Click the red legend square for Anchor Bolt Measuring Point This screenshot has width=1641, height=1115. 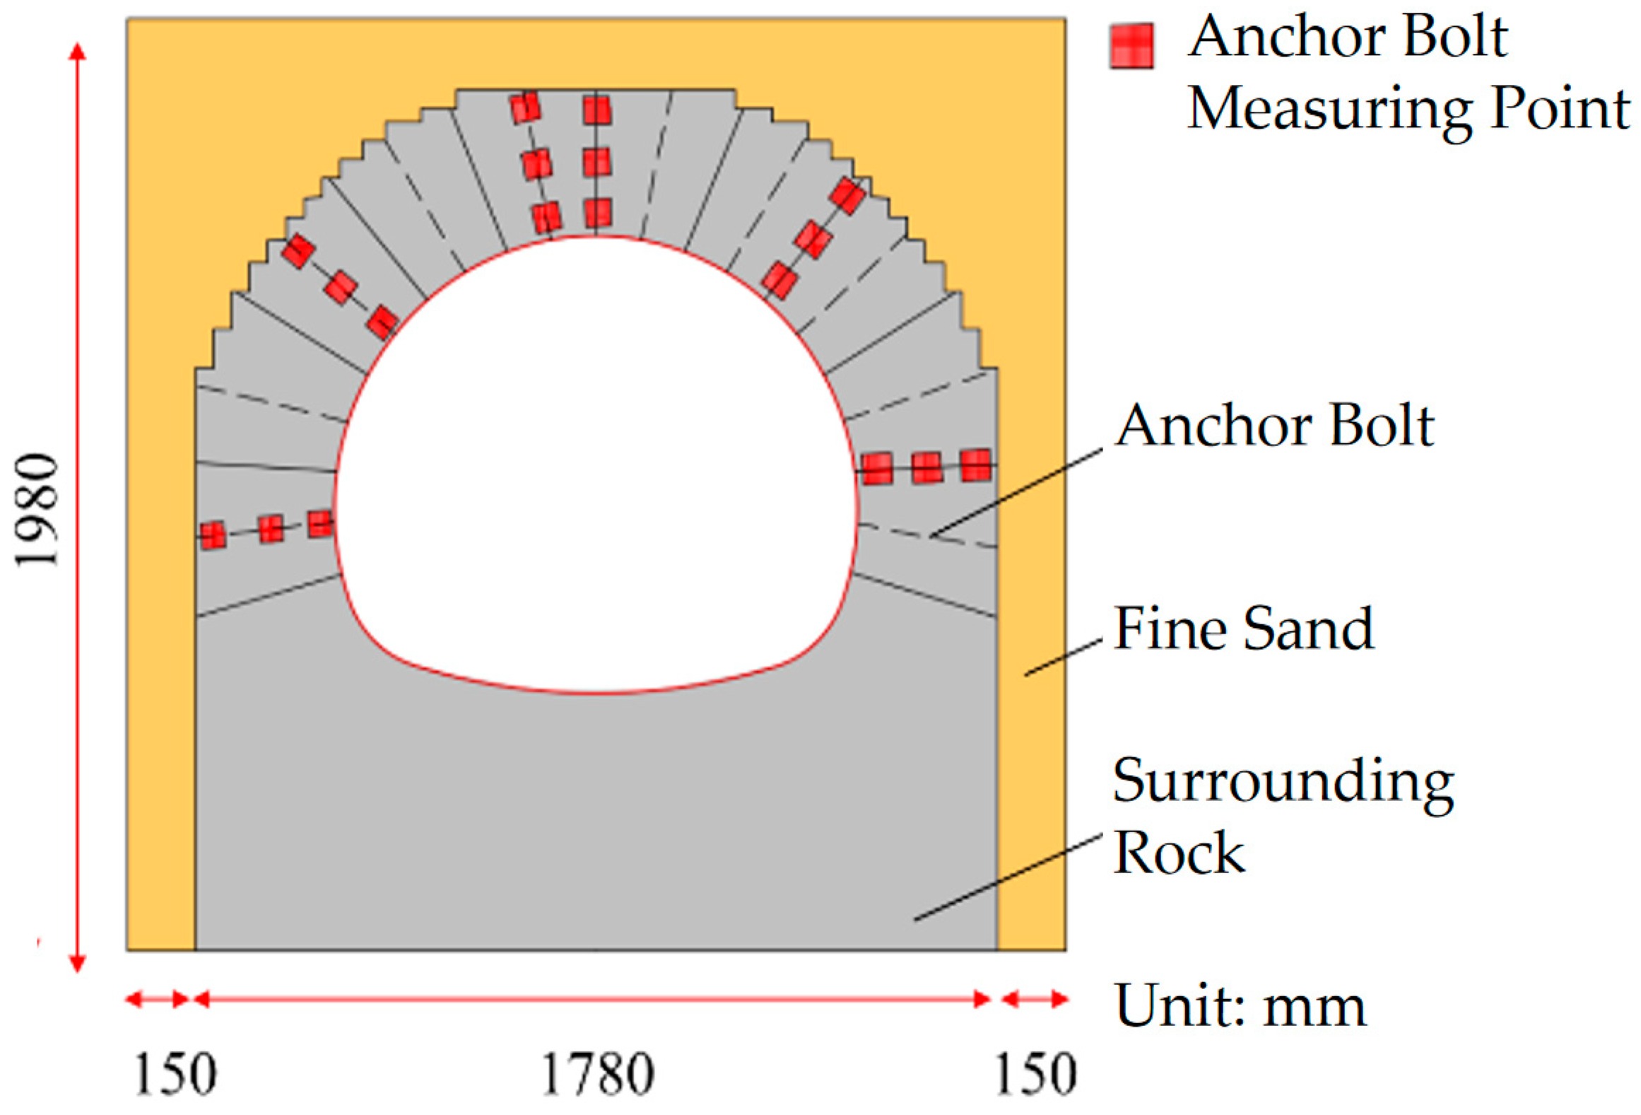(1131, 47)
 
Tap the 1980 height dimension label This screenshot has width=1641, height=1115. (37, 510)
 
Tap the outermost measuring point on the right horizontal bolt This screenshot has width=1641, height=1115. (976, 465)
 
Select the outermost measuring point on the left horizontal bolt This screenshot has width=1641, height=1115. (213, 535)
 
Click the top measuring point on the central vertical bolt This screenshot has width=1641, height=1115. (597, 111)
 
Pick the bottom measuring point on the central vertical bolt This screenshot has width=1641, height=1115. (598, 213)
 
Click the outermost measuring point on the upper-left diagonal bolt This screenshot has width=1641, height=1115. (298, 251)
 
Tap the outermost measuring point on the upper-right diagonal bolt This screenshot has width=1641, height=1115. (847, 195)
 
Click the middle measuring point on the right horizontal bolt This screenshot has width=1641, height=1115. (927, 467)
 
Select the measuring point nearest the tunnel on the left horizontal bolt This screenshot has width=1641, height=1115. (320, 524)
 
